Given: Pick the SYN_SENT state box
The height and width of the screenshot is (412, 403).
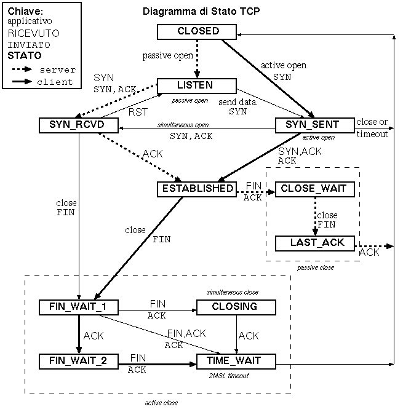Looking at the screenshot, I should click(x=315, y=125).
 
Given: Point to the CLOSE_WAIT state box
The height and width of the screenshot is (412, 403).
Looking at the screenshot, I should click(x=315, y=189).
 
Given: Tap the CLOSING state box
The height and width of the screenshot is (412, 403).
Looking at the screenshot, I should click(x=236, y=306).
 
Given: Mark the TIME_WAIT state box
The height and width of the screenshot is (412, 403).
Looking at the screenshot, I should click(x=236, y=360).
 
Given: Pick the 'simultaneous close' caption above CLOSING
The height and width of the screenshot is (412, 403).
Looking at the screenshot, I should click(x=232, y=291).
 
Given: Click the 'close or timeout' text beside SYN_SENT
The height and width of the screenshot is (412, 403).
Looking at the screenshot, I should click(x=372, y=127).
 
